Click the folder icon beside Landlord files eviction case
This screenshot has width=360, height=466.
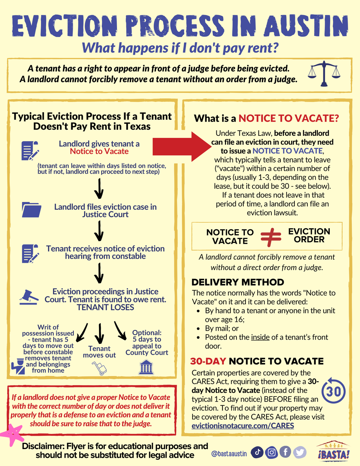tap(31, 210)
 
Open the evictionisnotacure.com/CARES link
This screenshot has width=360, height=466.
tap(243, 426)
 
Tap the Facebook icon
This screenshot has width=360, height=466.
tap(285, 452)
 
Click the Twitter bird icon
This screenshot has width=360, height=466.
tap(300, 452)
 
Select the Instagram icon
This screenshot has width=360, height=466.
tap(271, 452)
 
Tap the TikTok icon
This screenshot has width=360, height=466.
tap(257, 452)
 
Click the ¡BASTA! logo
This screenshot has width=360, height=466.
tap(333, 451)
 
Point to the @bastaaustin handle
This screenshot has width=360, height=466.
tap(229, 453)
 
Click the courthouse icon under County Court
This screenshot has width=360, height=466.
tap(146, 368)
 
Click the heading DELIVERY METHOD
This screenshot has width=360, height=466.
tap(238, 282)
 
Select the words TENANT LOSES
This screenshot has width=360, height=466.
tap(105, 307)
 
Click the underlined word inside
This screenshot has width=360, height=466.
tap(260, 337)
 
